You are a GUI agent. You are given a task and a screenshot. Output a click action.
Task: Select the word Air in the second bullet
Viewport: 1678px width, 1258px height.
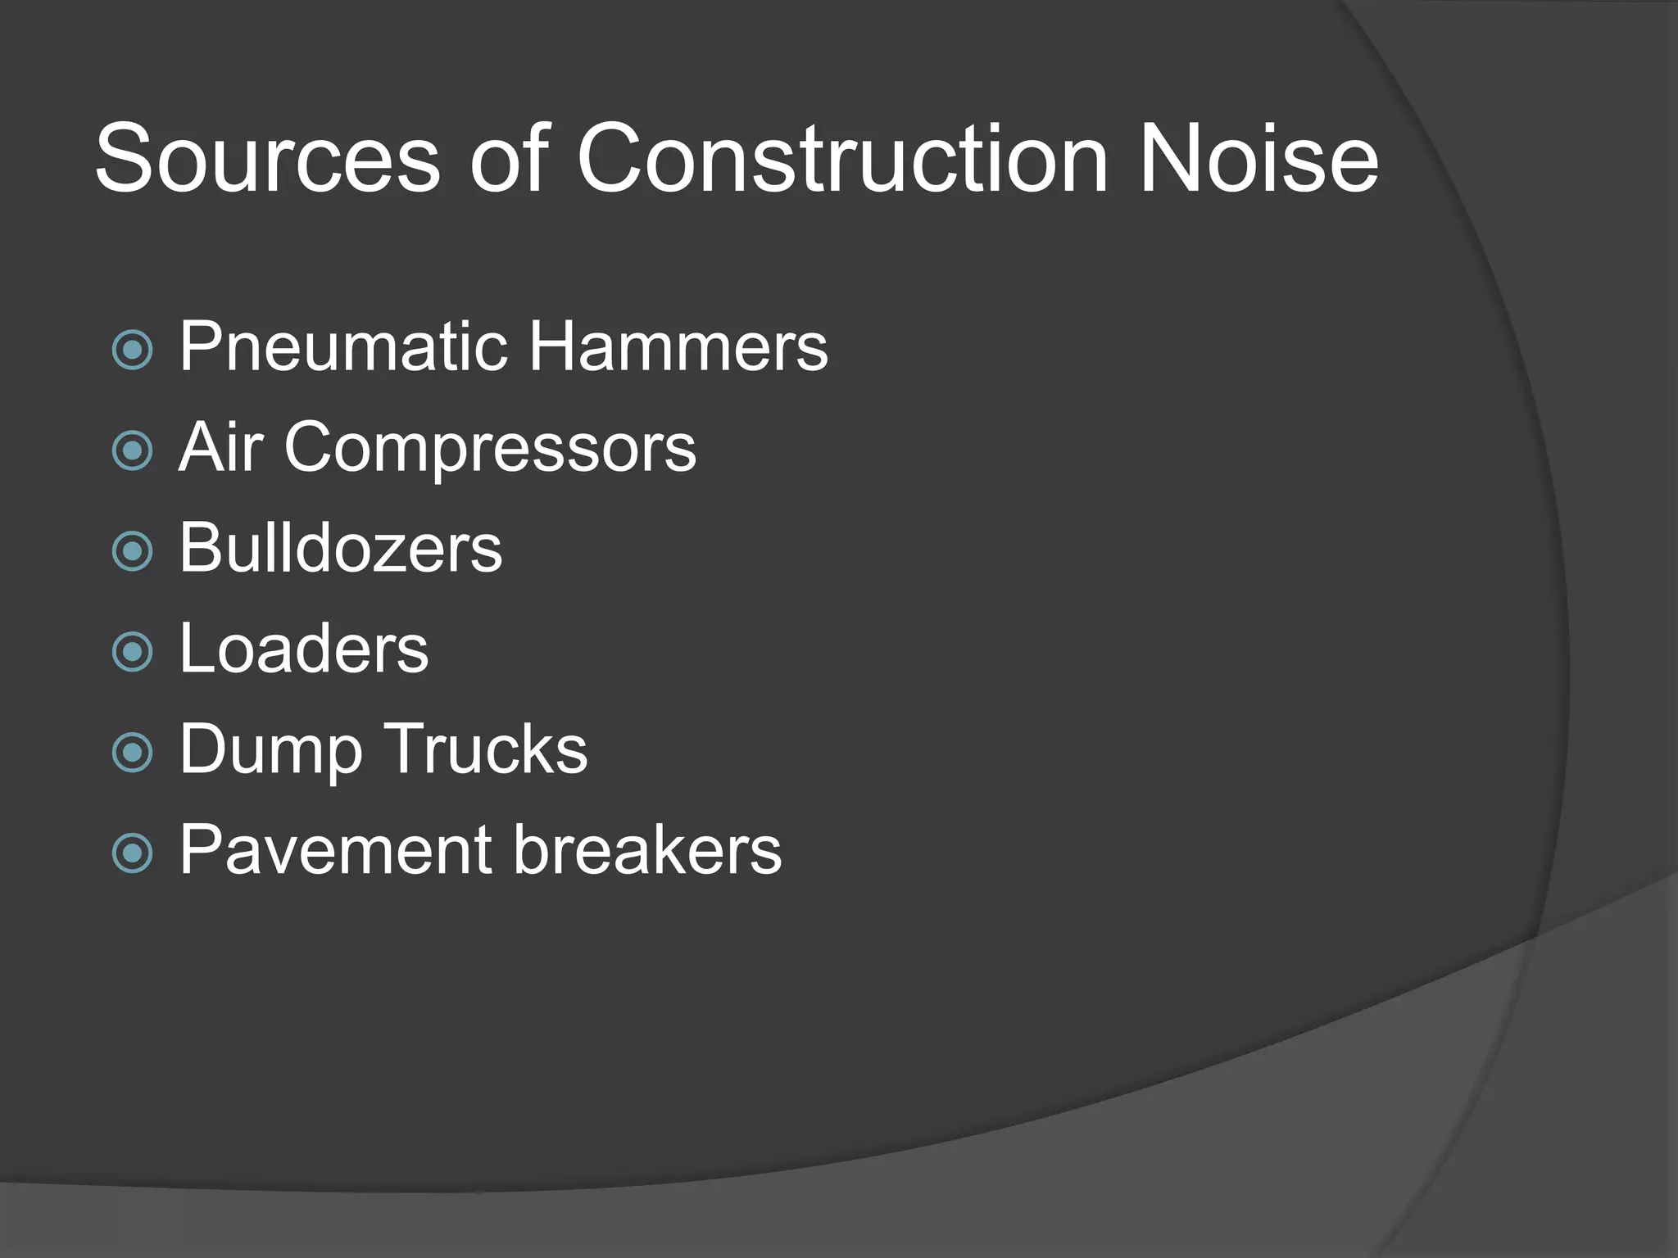click(220, 447)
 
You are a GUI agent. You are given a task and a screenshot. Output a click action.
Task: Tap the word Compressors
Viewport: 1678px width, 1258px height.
click(490, 449)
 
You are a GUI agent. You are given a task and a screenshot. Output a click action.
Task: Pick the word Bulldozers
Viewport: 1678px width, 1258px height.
click(340, 548)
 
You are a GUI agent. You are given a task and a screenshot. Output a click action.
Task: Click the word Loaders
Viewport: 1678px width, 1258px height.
click(303, 649)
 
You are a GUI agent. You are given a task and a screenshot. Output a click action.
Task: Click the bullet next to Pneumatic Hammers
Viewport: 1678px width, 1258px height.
click(132, 350)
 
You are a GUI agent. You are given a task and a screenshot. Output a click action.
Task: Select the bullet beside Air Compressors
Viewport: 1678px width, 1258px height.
click(132, 450)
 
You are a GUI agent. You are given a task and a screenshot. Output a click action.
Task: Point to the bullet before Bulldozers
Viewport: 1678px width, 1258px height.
click(132, 551)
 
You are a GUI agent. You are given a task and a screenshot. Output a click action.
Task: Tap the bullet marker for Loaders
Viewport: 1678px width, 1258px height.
click(132, 652)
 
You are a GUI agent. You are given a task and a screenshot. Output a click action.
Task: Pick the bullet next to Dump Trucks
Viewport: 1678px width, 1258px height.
click(132, 753)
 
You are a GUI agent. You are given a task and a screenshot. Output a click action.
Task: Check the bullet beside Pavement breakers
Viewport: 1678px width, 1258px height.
click(132, 853)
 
